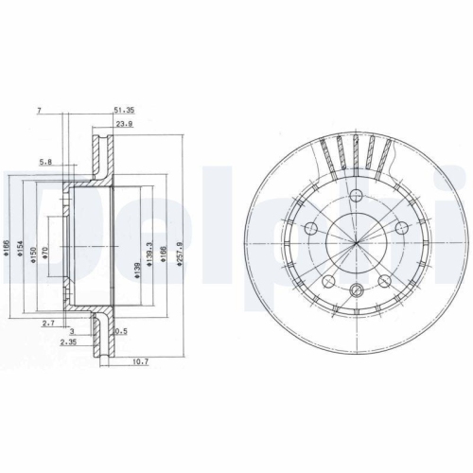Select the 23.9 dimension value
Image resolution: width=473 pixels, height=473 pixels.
coord(123,124)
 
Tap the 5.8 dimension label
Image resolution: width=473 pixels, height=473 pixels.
coord(44,162)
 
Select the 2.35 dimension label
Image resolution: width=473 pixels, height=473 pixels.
coord(68,342)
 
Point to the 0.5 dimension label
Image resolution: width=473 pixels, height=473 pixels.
coord(120,331)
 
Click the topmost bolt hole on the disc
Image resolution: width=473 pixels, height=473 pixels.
coord(356,197)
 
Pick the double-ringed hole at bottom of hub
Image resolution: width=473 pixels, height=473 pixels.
coord(356,290)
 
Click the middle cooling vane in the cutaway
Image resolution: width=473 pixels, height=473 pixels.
coord(357,150)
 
